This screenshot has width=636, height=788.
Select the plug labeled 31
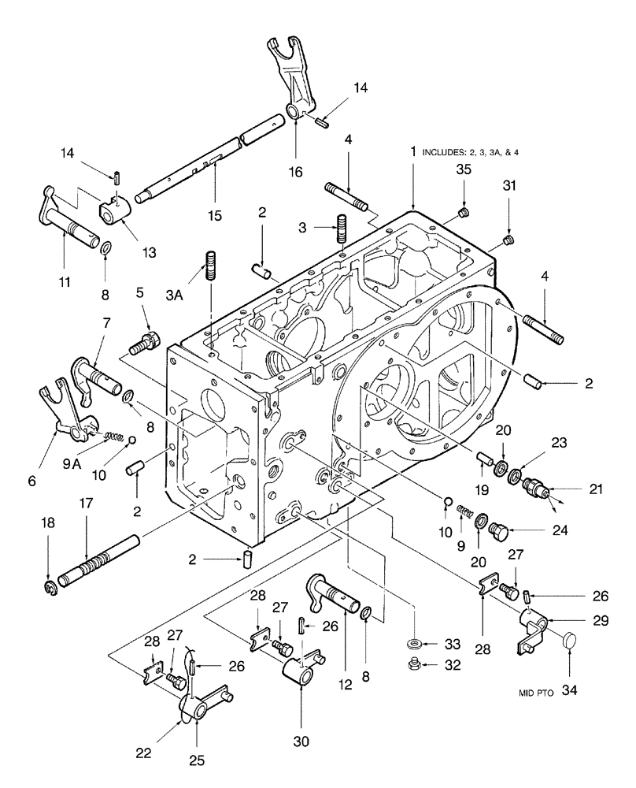[x=508, y=240]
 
